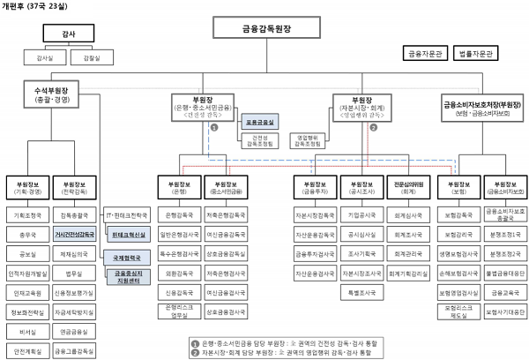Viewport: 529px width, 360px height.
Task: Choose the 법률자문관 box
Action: [474, 54]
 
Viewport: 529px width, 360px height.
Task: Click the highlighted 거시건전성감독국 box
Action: [75, 235]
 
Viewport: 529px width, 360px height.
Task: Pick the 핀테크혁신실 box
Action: [129, 235]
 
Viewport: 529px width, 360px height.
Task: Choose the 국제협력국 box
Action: [129, 256]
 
